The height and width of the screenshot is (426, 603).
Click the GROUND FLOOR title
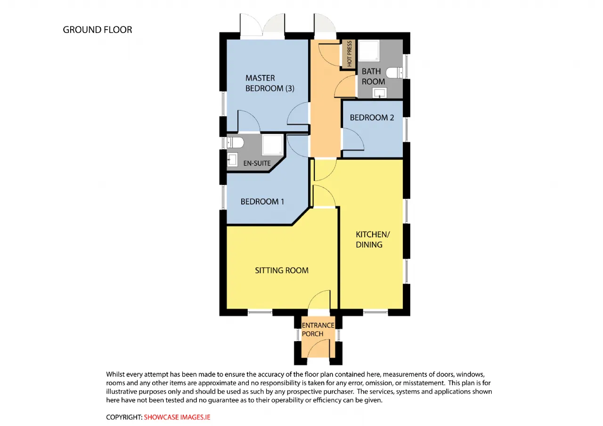(98, 30)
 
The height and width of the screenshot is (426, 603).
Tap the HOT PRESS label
(350, 54)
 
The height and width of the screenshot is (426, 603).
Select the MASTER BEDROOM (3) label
(270, 83)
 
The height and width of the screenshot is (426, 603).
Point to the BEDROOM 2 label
(372, 117)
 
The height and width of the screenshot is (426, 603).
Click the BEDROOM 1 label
(262, 201)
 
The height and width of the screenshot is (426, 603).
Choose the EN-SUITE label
(257, 163)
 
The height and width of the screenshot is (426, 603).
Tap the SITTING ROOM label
(282, 270)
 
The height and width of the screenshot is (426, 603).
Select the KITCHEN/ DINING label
(373, 239)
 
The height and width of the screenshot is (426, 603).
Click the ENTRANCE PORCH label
(318, 329)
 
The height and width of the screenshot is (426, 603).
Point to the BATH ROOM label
(373, 76)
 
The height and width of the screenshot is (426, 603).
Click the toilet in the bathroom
(394, 73)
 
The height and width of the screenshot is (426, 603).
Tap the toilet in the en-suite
(235, 142)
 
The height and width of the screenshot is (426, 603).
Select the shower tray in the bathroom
(369, 50)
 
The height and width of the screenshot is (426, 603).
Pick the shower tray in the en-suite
(273, 145)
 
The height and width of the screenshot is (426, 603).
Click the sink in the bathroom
(380, 93)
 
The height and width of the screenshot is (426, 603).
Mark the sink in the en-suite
(232, 159)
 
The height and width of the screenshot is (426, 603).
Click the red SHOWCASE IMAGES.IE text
(177, 417)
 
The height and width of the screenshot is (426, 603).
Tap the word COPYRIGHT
(124, 417)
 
